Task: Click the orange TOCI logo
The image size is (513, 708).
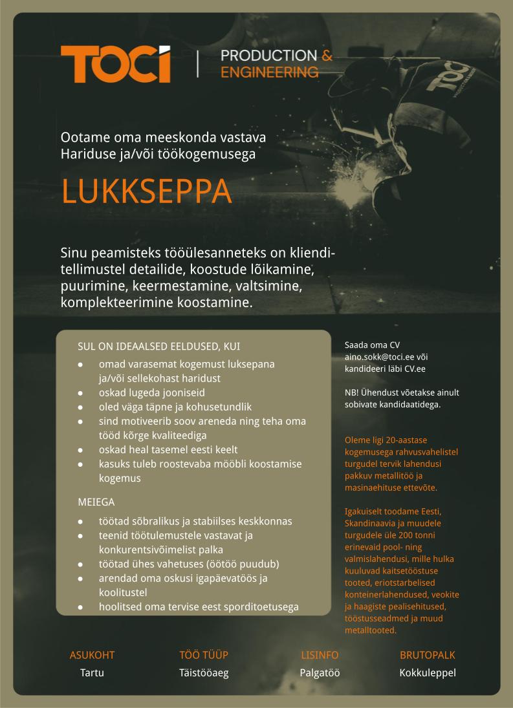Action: pos(116,64)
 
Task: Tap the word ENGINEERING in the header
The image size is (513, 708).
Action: pos(269,72)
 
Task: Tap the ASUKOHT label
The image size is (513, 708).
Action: pos(92,655)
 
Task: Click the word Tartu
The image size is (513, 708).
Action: pos(92,672)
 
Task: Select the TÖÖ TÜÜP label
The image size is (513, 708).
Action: pos(204,655)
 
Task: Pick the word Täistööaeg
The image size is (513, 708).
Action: pos(204,672)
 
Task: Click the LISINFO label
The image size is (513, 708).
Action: pos(320,655)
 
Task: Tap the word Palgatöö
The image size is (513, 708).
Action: pos(320,672)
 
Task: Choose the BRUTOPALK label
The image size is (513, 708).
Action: pos(428,655)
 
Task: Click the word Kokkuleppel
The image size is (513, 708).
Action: pos(428,672)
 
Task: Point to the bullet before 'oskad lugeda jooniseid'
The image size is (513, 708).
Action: pos(80,392)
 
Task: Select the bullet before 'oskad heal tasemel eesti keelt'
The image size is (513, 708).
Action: pos(80,450)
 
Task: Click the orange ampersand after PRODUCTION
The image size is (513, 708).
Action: pos(327,56)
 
